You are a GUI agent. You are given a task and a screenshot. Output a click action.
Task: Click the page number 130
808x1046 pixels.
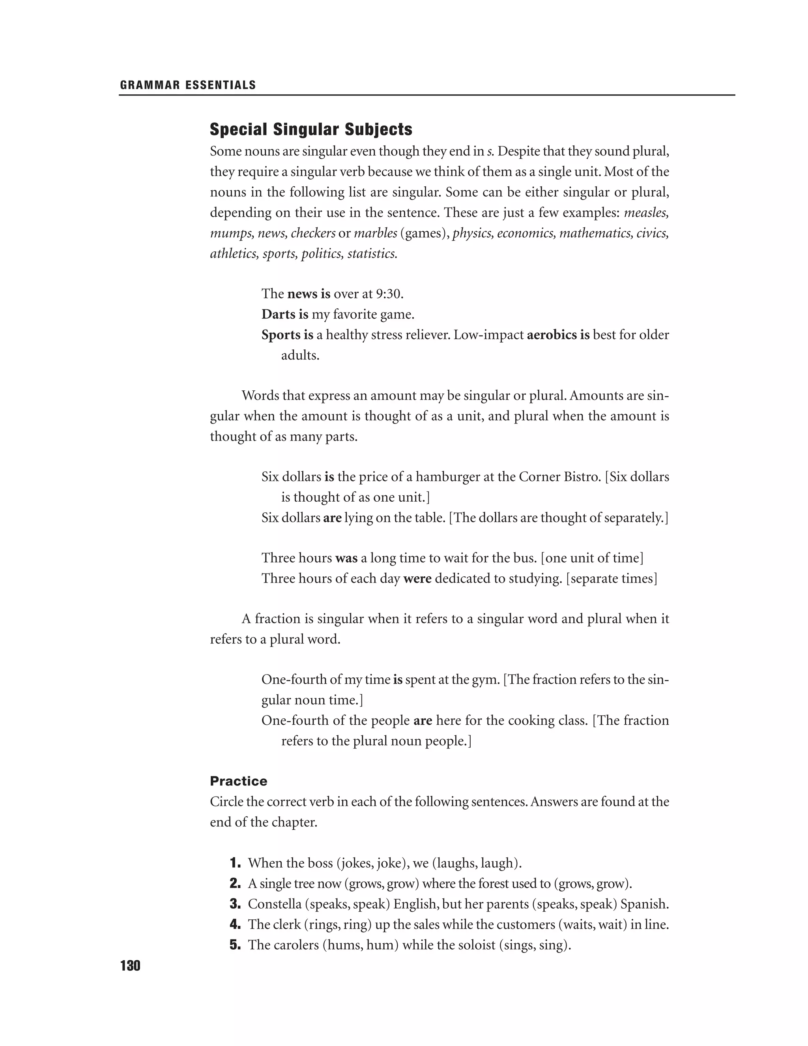click(130, 966)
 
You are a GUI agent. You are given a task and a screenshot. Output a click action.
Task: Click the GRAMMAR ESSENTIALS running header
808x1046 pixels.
click(188, 85)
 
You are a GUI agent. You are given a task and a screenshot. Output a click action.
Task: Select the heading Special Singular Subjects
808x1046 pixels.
click(311, 129)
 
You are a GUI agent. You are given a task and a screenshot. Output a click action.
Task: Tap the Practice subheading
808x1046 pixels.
click(238, 781)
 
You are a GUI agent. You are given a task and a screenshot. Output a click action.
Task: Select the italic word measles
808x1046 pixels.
click(646, 213)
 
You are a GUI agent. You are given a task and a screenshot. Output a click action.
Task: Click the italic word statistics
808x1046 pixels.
click(372, 253)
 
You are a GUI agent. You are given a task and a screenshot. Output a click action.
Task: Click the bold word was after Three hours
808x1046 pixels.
click(346, 559)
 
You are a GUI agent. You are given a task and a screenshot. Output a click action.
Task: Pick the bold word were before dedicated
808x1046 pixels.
click(417, 579)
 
